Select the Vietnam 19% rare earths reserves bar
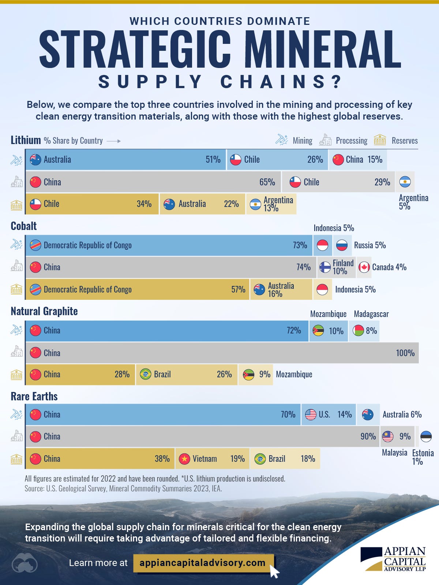tap(212, 459)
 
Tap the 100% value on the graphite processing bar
tap(405, 353)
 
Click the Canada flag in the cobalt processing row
tap(364, 267)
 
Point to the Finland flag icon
tap(325, 267)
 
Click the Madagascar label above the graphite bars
tap(371, 314)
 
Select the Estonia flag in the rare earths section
tap(426, 436)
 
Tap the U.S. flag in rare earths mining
tap(311, 415)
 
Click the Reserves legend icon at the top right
tap(380, 140)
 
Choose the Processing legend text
tap(351, 141)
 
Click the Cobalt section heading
tap(24, 226)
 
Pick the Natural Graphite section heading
tap(44, 311)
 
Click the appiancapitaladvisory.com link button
tap(203, 563)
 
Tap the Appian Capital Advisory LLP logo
tap(393, 559)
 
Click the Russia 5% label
tap(369, 245)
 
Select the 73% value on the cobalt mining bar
tap(300, 245)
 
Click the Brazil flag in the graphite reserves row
tap(146, 374)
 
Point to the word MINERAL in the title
tap(317, 49)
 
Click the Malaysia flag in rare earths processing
tap(387, 436)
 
